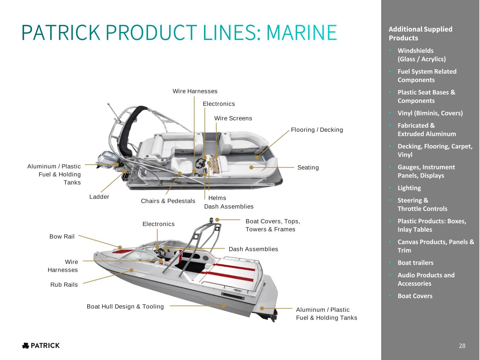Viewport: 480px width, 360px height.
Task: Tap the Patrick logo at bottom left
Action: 41,346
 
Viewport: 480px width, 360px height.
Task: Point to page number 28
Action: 462,346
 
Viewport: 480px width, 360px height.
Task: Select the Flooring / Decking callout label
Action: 317,130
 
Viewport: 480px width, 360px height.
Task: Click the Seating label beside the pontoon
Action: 308,168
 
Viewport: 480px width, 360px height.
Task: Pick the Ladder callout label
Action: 99,197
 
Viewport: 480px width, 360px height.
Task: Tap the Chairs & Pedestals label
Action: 168,201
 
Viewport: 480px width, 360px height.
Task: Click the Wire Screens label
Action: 233,118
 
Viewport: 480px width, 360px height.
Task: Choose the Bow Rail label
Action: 62,237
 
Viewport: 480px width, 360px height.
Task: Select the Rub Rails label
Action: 64,285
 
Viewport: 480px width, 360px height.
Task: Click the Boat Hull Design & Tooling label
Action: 125,307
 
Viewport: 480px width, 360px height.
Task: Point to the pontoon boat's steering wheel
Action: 200,162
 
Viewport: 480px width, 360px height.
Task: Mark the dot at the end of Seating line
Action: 251,168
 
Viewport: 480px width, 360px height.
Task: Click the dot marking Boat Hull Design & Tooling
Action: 224,306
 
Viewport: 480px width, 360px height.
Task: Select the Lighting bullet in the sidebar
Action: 409,188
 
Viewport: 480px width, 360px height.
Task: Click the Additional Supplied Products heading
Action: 420,33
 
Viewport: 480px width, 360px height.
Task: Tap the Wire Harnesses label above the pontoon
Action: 195,91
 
